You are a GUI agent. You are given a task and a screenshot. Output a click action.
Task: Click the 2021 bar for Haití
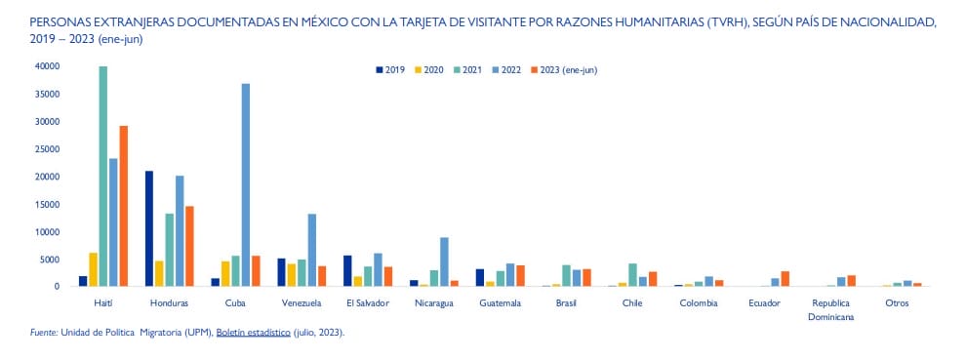(103, 177)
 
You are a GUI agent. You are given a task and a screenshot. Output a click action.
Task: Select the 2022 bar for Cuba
(246, 185)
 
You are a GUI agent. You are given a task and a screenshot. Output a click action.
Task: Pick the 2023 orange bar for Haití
(124, 206)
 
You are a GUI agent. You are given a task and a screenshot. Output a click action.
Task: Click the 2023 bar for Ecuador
(785, 278)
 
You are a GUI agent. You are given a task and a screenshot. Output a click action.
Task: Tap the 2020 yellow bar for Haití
(94, 269)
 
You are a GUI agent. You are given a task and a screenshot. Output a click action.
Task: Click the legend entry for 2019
(390, 69)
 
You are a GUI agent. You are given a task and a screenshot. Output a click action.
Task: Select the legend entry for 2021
(467, 69)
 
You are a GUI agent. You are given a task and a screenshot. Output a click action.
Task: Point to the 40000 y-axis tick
(46, 66)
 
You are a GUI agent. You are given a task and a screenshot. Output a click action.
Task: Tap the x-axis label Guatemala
(500, 303)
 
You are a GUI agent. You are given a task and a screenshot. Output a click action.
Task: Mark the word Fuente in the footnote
(43, 333)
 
